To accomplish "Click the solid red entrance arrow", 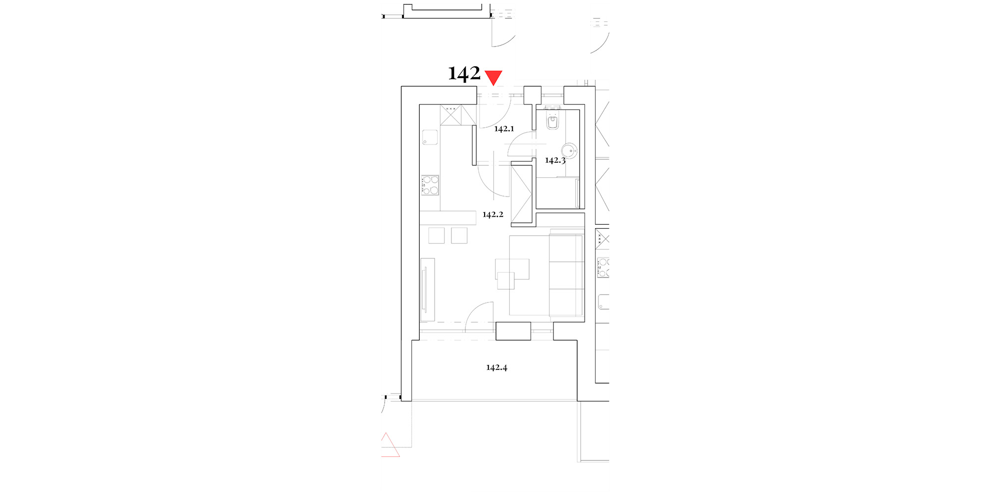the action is click(494, 77).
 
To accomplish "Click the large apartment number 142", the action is click(464, 73).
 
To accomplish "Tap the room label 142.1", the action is click(504, 129).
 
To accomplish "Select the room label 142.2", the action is click(493, 214).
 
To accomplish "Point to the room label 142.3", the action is click(555, 160).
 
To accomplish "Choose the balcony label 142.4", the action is click(496, 367).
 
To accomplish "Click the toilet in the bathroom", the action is click(552, 119).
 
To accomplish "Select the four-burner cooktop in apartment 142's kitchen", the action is click(430, 185).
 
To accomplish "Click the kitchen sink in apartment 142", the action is click(430, 137).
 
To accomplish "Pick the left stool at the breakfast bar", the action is click(437, 235).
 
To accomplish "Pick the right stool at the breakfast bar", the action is click(459, 235).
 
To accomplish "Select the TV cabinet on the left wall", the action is click(428, 290).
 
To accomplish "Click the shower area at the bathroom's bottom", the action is click(558, 193).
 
